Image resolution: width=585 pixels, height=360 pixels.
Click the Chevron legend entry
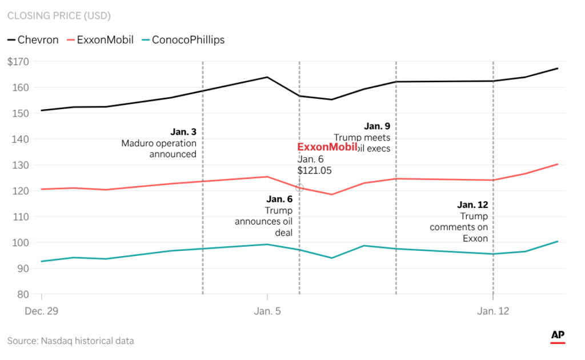(33, 40)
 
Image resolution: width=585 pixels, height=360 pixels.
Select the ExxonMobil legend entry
(101, 40)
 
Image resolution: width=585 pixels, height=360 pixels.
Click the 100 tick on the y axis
(22, 242)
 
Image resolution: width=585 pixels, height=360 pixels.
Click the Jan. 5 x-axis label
(267, 311)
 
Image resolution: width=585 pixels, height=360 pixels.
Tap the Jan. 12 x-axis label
(493, 311)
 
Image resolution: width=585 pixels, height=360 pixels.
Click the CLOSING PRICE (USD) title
(59, 15)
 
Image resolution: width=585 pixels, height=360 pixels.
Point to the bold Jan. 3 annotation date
(183, 132)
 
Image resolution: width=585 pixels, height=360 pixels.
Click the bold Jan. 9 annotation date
(377, 126)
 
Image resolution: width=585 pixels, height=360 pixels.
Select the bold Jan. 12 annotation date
(472, 205)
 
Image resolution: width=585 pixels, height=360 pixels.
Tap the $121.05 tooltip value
(314, 170)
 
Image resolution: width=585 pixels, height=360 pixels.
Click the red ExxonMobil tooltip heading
(327, 147)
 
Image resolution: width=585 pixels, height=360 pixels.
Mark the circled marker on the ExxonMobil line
(299, 187)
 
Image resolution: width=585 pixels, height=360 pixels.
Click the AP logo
(558, 336)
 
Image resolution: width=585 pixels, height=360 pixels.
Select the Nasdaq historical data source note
(70, 341)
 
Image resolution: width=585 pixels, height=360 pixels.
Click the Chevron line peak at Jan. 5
(267, 77)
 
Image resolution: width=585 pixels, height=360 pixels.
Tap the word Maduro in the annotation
(137, 143)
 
